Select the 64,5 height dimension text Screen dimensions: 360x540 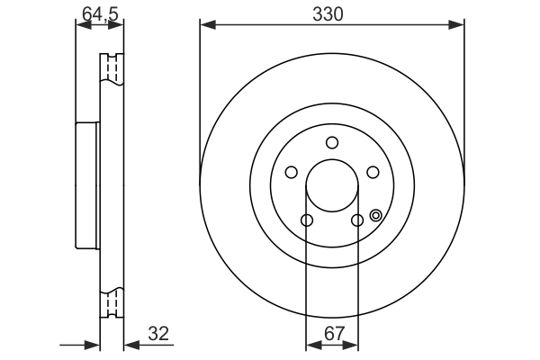coord(99,13)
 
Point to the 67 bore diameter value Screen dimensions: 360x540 coord(334,333)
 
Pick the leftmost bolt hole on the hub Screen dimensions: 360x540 coord(291,173)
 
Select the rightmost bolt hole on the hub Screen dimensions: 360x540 coord(373,173)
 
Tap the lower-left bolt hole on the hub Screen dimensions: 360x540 coord(307,220)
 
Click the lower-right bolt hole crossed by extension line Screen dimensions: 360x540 coord(357,220)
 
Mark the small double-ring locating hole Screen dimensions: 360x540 coord(375,215)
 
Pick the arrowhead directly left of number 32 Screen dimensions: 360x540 coord(129,345)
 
